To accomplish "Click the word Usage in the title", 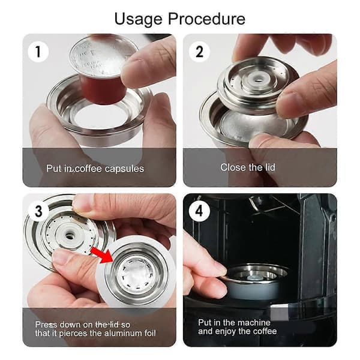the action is click(x=138, y=19).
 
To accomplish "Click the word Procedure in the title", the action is click(x=206, y=19).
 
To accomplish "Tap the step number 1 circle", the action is click(x=38, y=52).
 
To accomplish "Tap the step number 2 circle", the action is click(x=199, y=52).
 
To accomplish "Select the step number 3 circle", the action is click(x=38, y=211).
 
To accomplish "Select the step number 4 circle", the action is click(x=199, y=211).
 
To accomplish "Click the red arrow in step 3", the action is click(x=101, y=254).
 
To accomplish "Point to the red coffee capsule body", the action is click(x=103, y=89).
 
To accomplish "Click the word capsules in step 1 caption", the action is click(x=124, y=169).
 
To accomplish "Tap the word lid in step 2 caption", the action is click(x=270, y=167).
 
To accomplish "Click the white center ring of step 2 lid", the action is click(x=259, y=80).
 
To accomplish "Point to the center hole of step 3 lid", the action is click(x=69, y=235).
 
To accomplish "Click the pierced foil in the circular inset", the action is click(x=136, y=274).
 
